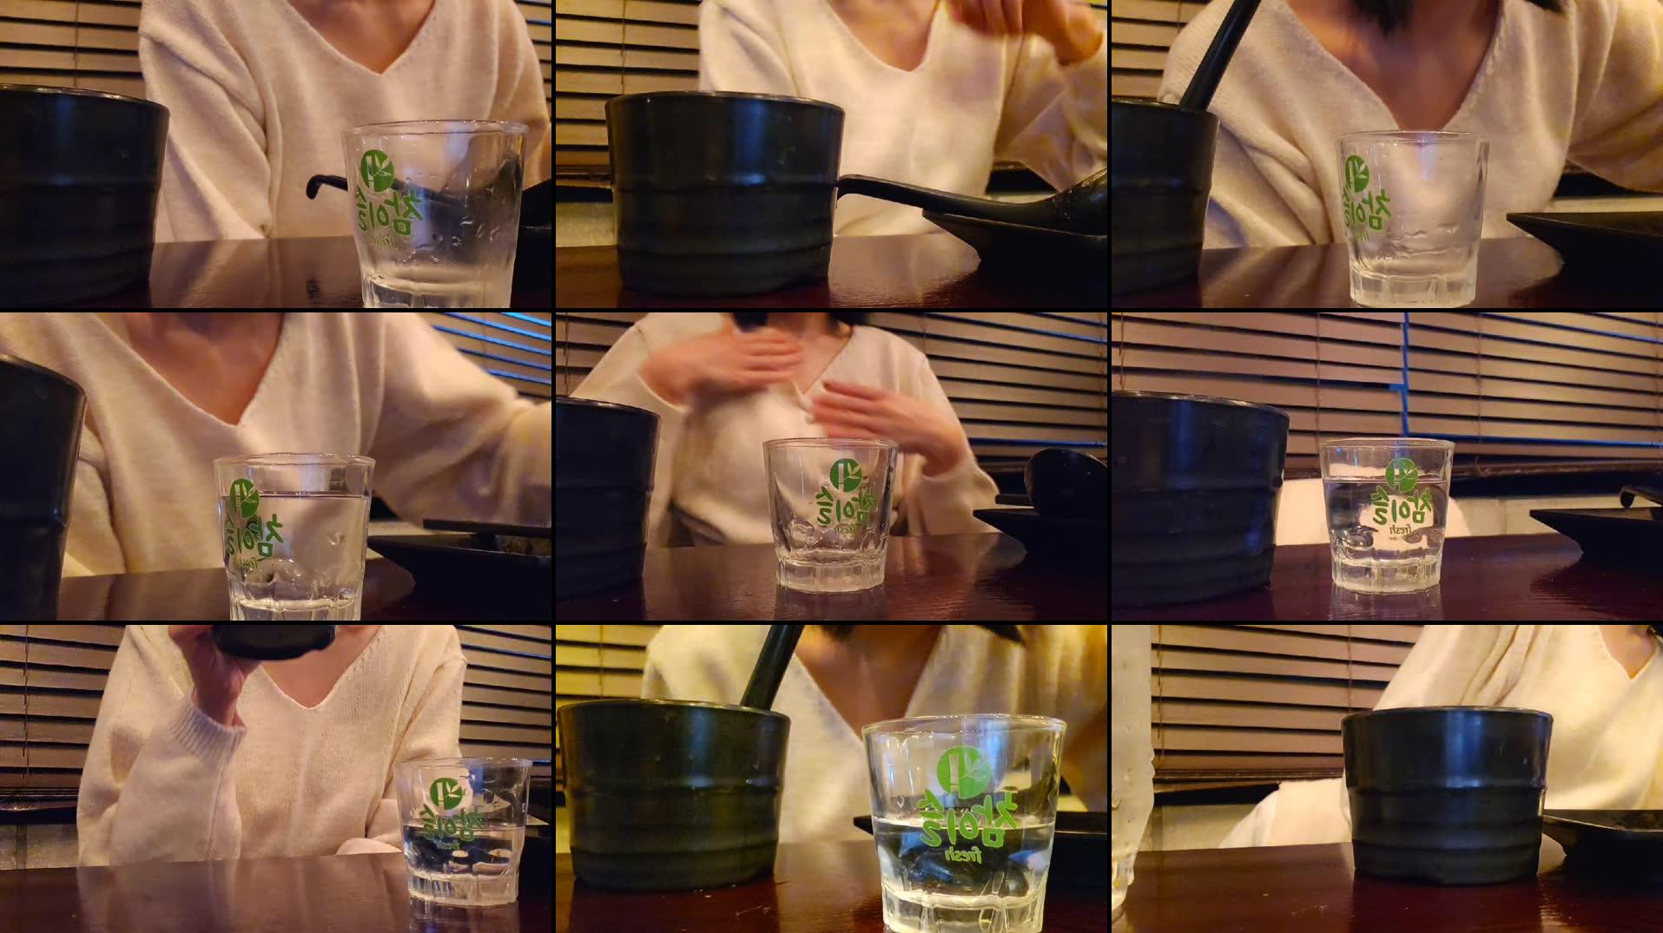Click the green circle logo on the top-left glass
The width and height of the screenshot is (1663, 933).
point(377,168)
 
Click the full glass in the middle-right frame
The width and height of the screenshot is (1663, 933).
point(1385,516)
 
